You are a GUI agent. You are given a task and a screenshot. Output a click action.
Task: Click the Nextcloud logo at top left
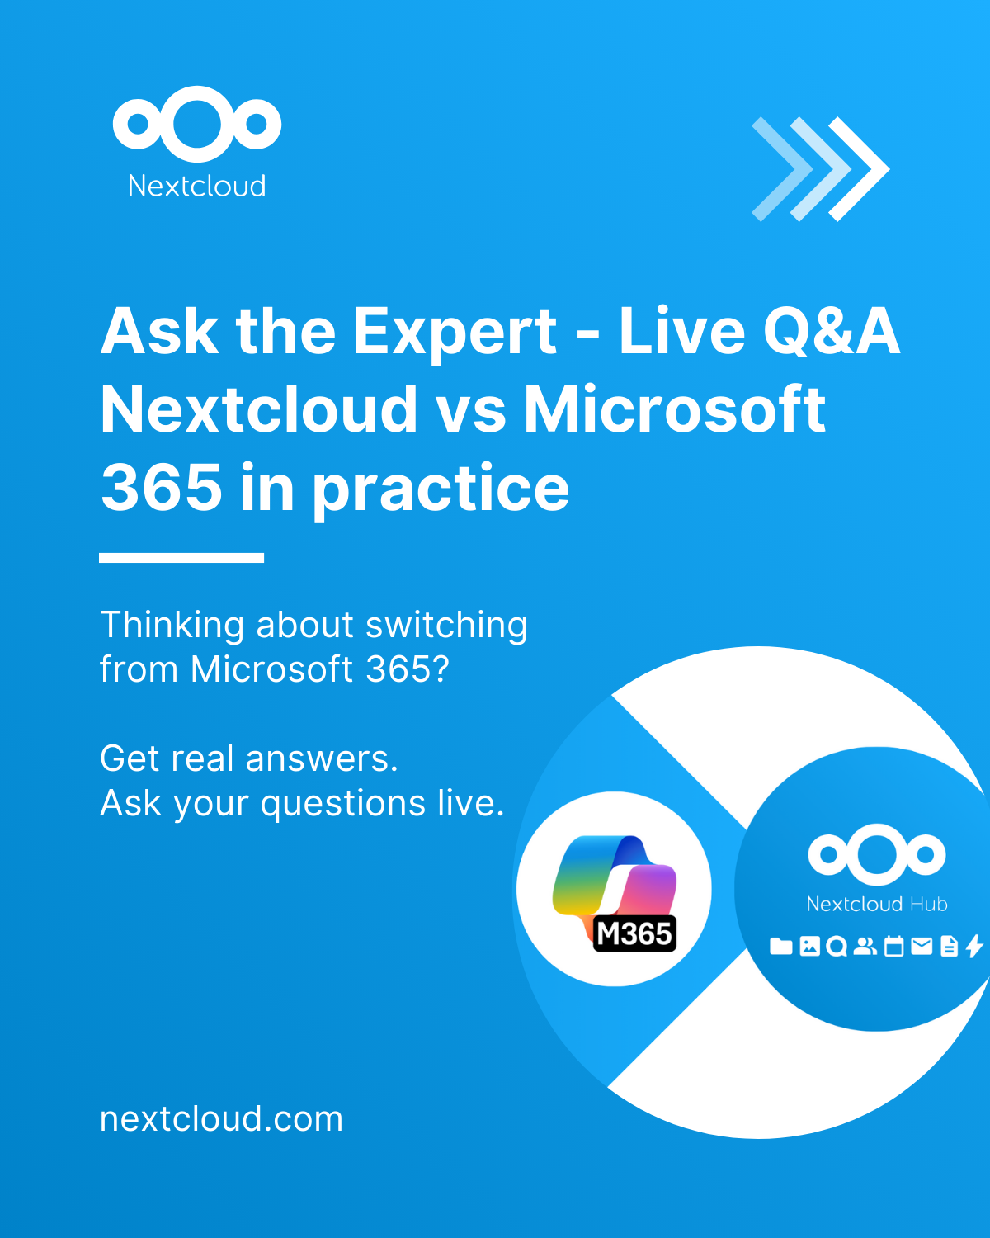(196, 124)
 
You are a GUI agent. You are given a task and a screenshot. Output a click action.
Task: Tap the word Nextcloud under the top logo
(196, 186)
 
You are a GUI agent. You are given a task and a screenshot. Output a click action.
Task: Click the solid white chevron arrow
(859, 169)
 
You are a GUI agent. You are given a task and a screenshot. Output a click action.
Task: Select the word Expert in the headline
(455, 333)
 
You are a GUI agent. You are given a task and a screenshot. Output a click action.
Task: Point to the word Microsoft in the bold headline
(675, 409)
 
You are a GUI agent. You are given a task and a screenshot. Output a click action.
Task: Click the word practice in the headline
(441, 489)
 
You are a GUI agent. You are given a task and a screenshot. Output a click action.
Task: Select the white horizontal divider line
(181, 557)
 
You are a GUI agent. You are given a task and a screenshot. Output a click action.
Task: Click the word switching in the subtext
(446, 626)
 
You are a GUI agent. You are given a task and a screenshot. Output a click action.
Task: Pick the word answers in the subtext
(322, 758)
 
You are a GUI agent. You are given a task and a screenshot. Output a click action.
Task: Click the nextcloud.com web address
(221, 1119)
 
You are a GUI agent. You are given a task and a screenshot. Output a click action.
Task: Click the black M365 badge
(634, 933)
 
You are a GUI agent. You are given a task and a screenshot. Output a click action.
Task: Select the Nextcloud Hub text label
(877, 904)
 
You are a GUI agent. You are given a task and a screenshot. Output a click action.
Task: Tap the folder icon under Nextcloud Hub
(780, 946)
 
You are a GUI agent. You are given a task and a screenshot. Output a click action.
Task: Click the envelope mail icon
(922, 946)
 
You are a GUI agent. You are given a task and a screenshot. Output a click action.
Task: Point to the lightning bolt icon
(974, 946)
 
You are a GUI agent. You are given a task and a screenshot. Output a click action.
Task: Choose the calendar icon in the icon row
(893, 946)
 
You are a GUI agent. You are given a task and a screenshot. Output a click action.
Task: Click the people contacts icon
(865, 946)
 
